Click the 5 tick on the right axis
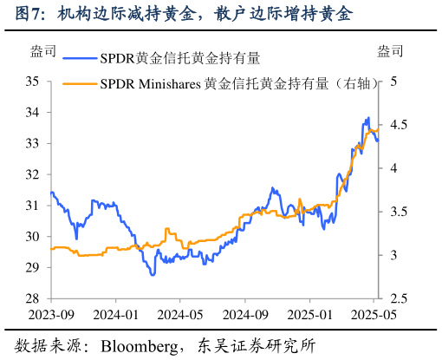click(x=393, y=82)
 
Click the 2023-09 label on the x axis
click(x=51, y=314)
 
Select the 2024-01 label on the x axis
click(x=116, y=314)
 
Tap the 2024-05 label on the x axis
click(x=180, y=314)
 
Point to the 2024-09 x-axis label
click(x=245, y=314)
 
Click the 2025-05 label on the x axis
click(x=373, y=314)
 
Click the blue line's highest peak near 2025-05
click(x=368, y=118)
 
